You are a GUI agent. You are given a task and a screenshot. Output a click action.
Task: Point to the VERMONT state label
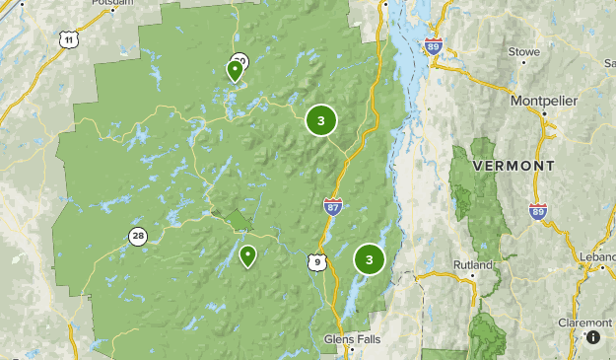click(x=513, y=165)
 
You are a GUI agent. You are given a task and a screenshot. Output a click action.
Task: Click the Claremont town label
click(x=585, y=323)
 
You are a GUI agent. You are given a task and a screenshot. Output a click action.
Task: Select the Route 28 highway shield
click(x=137, y=236)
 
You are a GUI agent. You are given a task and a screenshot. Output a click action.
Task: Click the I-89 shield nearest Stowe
click(x=435, y=45)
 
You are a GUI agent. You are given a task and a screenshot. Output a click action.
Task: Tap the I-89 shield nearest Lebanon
click(x=537, y=212)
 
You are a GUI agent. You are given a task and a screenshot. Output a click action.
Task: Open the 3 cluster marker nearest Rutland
click(x=369, y=259)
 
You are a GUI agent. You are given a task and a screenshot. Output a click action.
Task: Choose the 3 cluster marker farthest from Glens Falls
click(x=320, y=120)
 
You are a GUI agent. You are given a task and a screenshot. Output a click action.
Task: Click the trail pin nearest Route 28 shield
click(x=247, y=256)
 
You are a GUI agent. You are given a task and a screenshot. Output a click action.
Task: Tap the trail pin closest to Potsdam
click(x=235, y=70)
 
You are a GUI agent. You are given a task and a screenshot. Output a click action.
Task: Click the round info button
click(x=593, y=337)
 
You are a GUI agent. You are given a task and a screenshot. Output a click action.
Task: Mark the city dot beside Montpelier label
click(x=543, y=114)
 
